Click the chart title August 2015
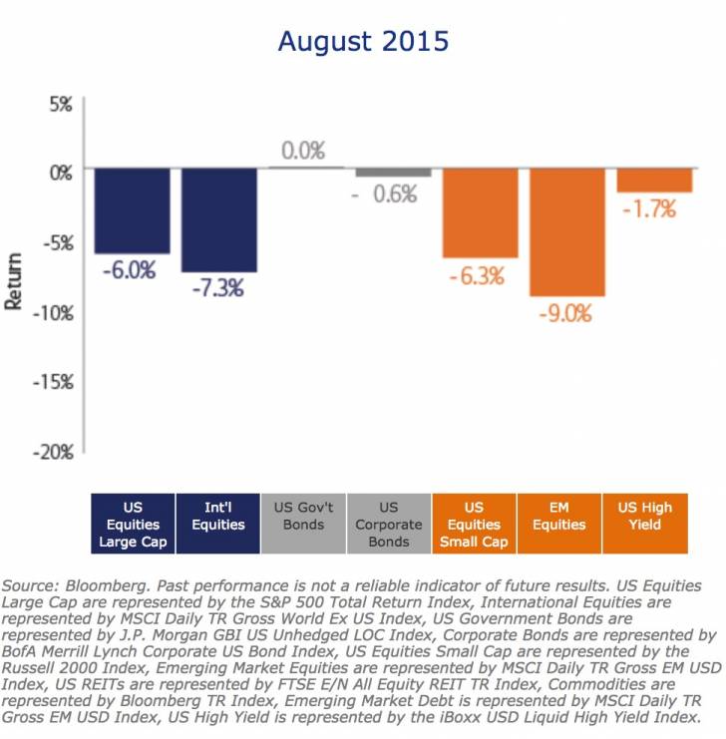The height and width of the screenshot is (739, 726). [x=363, y=42]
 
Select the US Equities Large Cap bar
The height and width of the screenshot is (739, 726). [x=132, y=210]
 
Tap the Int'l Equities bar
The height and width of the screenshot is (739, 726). [x=218, y=219]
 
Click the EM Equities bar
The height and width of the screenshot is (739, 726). [x=566, y=231]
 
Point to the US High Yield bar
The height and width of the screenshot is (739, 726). [x=654, y=180]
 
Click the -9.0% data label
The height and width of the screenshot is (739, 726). [x=566, y=313]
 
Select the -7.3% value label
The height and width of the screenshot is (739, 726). [x=218, y=289]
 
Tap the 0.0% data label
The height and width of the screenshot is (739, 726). [x=303, y=152]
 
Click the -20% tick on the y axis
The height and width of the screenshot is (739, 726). [x=51, y=452]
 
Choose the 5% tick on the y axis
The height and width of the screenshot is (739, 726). [x=58, y=104]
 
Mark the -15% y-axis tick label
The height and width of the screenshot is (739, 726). [x=51, y=382]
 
